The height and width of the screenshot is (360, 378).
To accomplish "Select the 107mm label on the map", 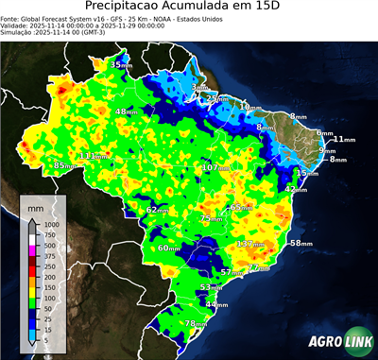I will click(x=215, y=168).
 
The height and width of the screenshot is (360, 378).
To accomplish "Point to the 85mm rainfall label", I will click(x=64, y=165).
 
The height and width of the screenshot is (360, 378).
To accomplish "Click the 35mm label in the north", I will click(x=121, y=64).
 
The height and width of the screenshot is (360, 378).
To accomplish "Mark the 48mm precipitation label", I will click(x=127, y=112).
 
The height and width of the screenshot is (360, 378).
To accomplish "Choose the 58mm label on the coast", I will click(x=300, y=244).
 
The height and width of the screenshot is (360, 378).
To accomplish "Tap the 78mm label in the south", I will click(x=195, y=324).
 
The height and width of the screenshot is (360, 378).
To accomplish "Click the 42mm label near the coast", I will click(x=296, y=189).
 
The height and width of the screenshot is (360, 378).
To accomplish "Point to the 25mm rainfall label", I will click(x=217, y=98).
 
